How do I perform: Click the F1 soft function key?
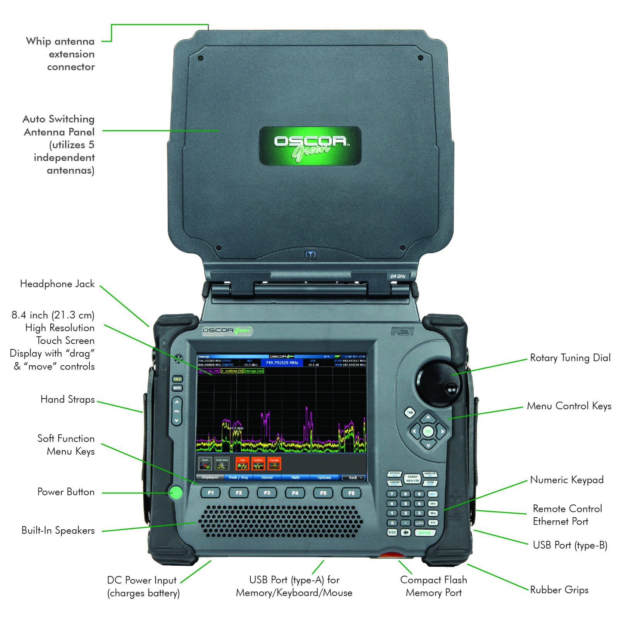(210, 493)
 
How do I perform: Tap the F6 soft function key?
(351, 493)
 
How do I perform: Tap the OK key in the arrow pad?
(428, 431)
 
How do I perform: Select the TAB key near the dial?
(410, 412)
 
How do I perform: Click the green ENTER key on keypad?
(424, 533)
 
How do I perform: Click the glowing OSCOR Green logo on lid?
(310, 146)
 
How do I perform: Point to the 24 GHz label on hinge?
(398, 276)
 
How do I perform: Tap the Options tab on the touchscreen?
(324, 477)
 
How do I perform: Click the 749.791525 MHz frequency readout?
(282, 363)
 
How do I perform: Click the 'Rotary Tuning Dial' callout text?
(570, 358)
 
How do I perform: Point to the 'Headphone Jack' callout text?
(57, 284)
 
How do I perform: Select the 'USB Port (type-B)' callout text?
(569, 545)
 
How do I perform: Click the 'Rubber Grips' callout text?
(559, 590)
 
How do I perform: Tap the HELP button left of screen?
(177, 379)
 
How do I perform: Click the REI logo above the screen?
(402, 332)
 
